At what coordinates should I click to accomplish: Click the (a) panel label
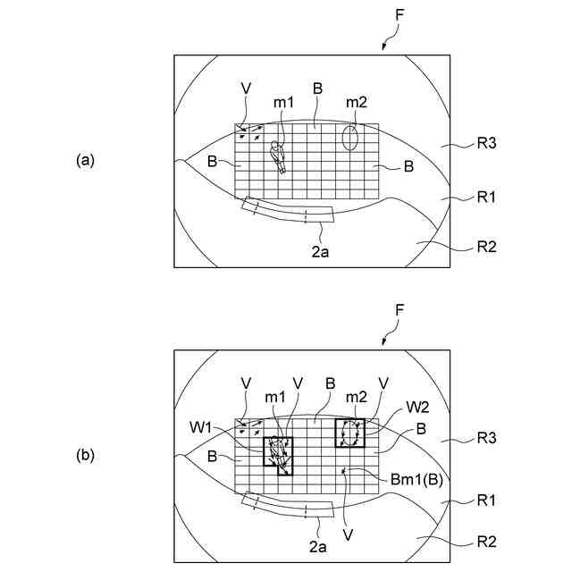pos(85,161)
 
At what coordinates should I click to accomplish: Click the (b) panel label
pos(85,455)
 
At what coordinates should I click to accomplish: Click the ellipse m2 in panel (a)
pos(350,137)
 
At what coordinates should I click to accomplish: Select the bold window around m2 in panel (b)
pos(350,433)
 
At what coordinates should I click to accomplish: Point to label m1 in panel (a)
pos(283,102)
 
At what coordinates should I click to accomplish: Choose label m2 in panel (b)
pos(357,397)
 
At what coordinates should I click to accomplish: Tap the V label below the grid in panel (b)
pos(346,534)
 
